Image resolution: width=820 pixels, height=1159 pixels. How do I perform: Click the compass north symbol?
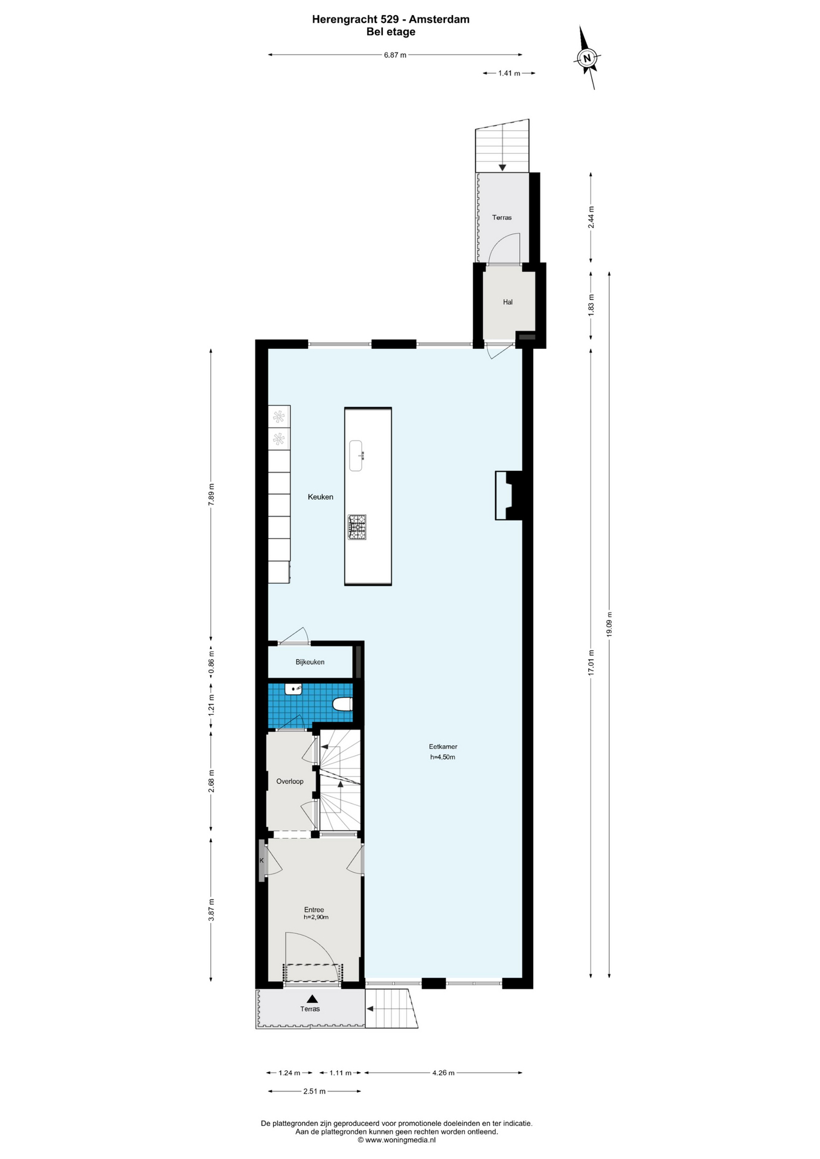click(x=586, y=58)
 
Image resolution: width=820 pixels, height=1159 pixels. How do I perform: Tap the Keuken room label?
click(x=321, y=497)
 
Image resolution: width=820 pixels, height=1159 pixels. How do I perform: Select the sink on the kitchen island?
click(x=356, y=456)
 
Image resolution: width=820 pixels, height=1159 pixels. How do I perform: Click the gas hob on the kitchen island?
click(x=357, y=526)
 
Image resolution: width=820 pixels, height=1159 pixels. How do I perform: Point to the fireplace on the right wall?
click(x=509, y=495)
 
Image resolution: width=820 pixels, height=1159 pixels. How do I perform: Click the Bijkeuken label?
click(x=310, y=662)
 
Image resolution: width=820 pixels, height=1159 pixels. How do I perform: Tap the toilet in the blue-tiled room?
click(x=342, y=704)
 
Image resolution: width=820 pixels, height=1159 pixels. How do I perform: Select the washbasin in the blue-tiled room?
click(x=293, y=689)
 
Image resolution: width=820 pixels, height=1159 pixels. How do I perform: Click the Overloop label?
click(x=290, y=781)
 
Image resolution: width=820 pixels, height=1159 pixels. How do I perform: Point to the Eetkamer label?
click(x=443, y=747)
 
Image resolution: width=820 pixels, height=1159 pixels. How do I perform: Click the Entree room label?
click(x=314, y=910)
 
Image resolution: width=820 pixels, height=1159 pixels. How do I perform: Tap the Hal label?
click(x=508, y=302)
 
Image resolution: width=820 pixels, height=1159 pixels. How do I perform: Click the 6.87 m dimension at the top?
click(x=395, y=55)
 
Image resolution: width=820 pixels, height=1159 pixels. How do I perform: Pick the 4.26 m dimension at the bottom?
click(x=443, y=1073)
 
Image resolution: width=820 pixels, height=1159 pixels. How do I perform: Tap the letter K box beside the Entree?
click(x=261, y=860)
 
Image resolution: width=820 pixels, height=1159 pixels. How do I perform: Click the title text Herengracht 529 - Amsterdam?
click(x=391, y=19)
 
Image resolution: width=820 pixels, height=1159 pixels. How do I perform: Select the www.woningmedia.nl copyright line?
click(x=396, y=1140)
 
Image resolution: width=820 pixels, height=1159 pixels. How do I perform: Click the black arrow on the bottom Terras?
click(x=312, y=999)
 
